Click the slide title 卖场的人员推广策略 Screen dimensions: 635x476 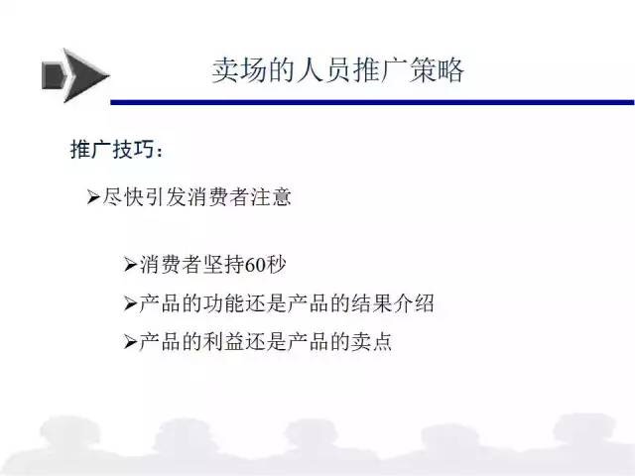point(337,70)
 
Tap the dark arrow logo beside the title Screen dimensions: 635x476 point(75,75)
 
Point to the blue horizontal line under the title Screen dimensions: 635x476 point(373,102)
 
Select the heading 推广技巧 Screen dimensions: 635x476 point(112,149)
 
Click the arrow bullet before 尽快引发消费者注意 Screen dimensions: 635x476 point(93,197)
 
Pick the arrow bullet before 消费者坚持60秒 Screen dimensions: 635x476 point(130,265)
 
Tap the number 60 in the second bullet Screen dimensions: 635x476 point(255,265)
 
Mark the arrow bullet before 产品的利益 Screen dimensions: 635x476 point(130,342)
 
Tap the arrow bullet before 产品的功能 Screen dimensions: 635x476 point(130,303)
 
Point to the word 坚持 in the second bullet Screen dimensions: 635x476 point(224,265)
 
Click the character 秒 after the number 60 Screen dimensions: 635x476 point(276,265)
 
